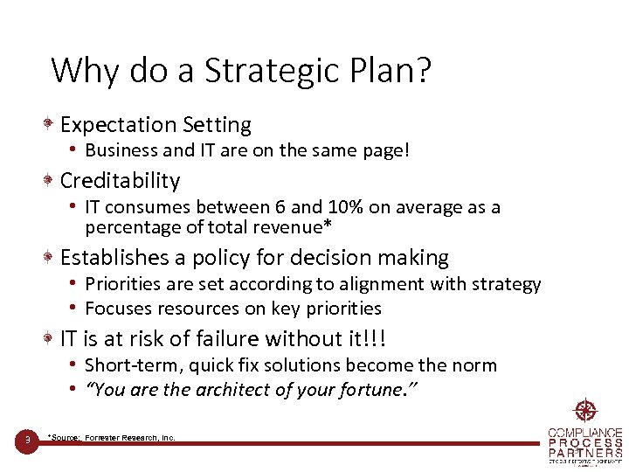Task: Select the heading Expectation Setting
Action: [x=156, y=126]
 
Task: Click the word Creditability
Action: [x=120, y=181]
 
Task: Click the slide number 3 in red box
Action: [x=28, y=440]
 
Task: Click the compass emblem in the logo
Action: [x=584, y=411]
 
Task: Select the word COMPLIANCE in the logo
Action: [x=585, y=434]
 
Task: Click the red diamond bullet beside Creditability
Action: [x=52, y=181]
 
